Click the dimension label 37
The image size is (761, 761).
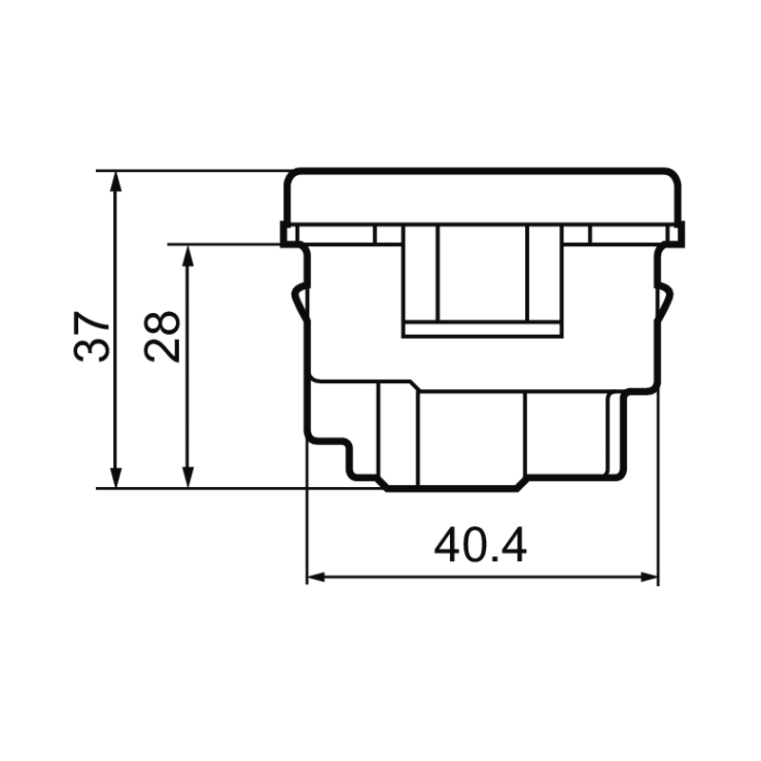coord(90,337)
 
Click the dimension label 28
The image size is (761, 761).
coord(162,337)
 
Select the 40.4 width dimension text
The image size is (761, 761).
coord(480,545)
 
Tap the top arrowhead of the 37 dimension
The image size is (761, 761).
coord(115,181)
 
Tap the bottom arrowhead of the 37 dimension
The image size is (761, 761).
coord(115,478)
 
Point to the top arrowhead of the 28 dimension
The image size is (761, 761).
coord(188,255)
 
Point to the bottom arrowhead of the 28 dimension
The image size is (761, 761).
coord(188,478)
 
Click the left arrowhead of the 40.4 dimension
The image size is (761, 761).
coord(317,577)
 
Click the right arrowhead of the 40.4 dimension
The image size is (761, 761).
coord(649,577)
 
